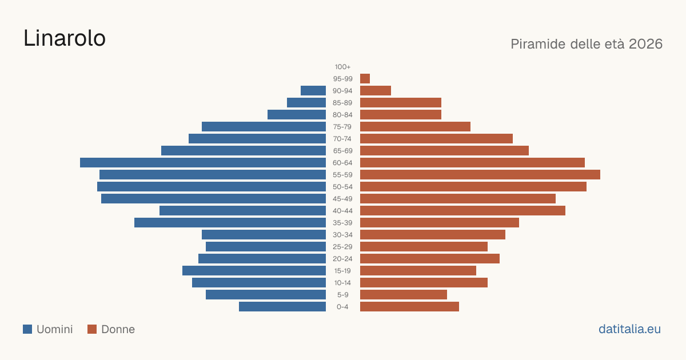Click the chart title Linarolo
64,38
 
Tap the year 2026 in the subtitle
645,44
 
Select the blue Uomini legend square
27,329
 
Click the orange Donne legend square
92,329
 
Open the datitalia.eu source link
629,329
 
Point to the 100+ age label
342,67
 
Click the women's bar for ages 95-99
365,79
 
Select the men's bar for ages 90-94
313,91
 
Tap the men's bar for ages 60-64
203,162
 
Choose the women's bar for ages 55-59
480,174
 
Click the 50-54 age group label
342,187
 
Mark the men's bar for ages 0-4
282,306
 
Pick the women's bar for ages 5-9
404,294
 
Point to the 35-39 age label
342,222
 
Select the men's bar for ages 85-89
306,102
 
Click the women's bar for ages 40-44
462,211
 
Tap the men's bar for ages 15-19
254,271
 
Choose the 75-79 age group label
342,127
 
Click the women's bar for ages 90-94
376,91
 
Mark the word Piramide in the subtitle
538,44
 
